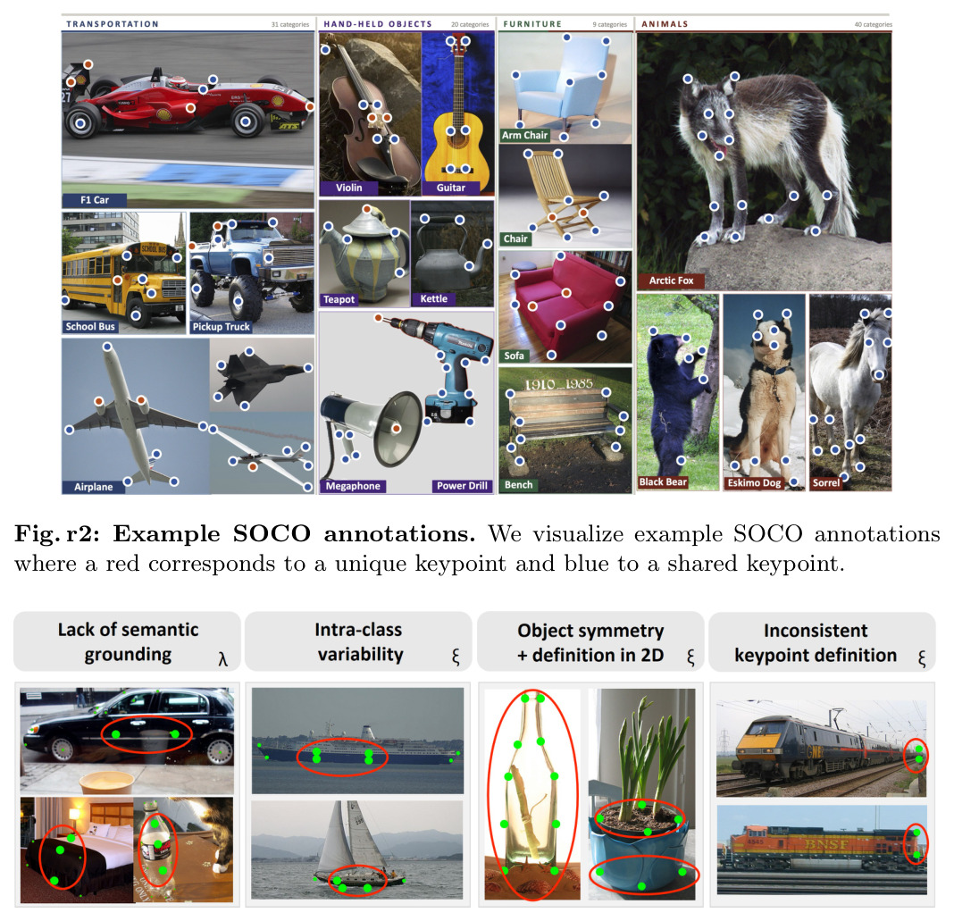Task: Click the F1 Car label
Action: click(95, 200)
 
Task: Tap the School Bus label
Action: click(90, 327)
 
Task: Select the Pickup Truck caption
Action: click(221, 327)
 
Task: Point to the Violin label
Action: click(348, 188)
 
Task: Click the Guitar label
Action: click(451, 188)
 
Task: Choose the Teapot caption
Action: click(339, 299)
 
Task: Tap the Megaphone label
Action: click(353, 486)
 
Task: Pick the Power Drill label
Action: click(462, 486)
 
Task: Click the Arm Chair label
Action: click(524, 136)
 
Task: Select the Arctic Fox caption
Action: click(671, 280)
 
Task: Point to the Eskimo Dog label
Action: click(754, 483)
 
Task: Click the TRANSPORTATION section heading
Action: click(113, 24)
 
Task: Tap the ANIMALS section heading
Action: click(665, 24)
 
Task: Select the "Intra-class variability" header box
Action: click(358, 641)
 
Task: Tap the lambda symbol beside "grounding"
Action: click(222, 658)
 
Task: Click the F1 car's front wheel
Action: click(246, 121)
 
